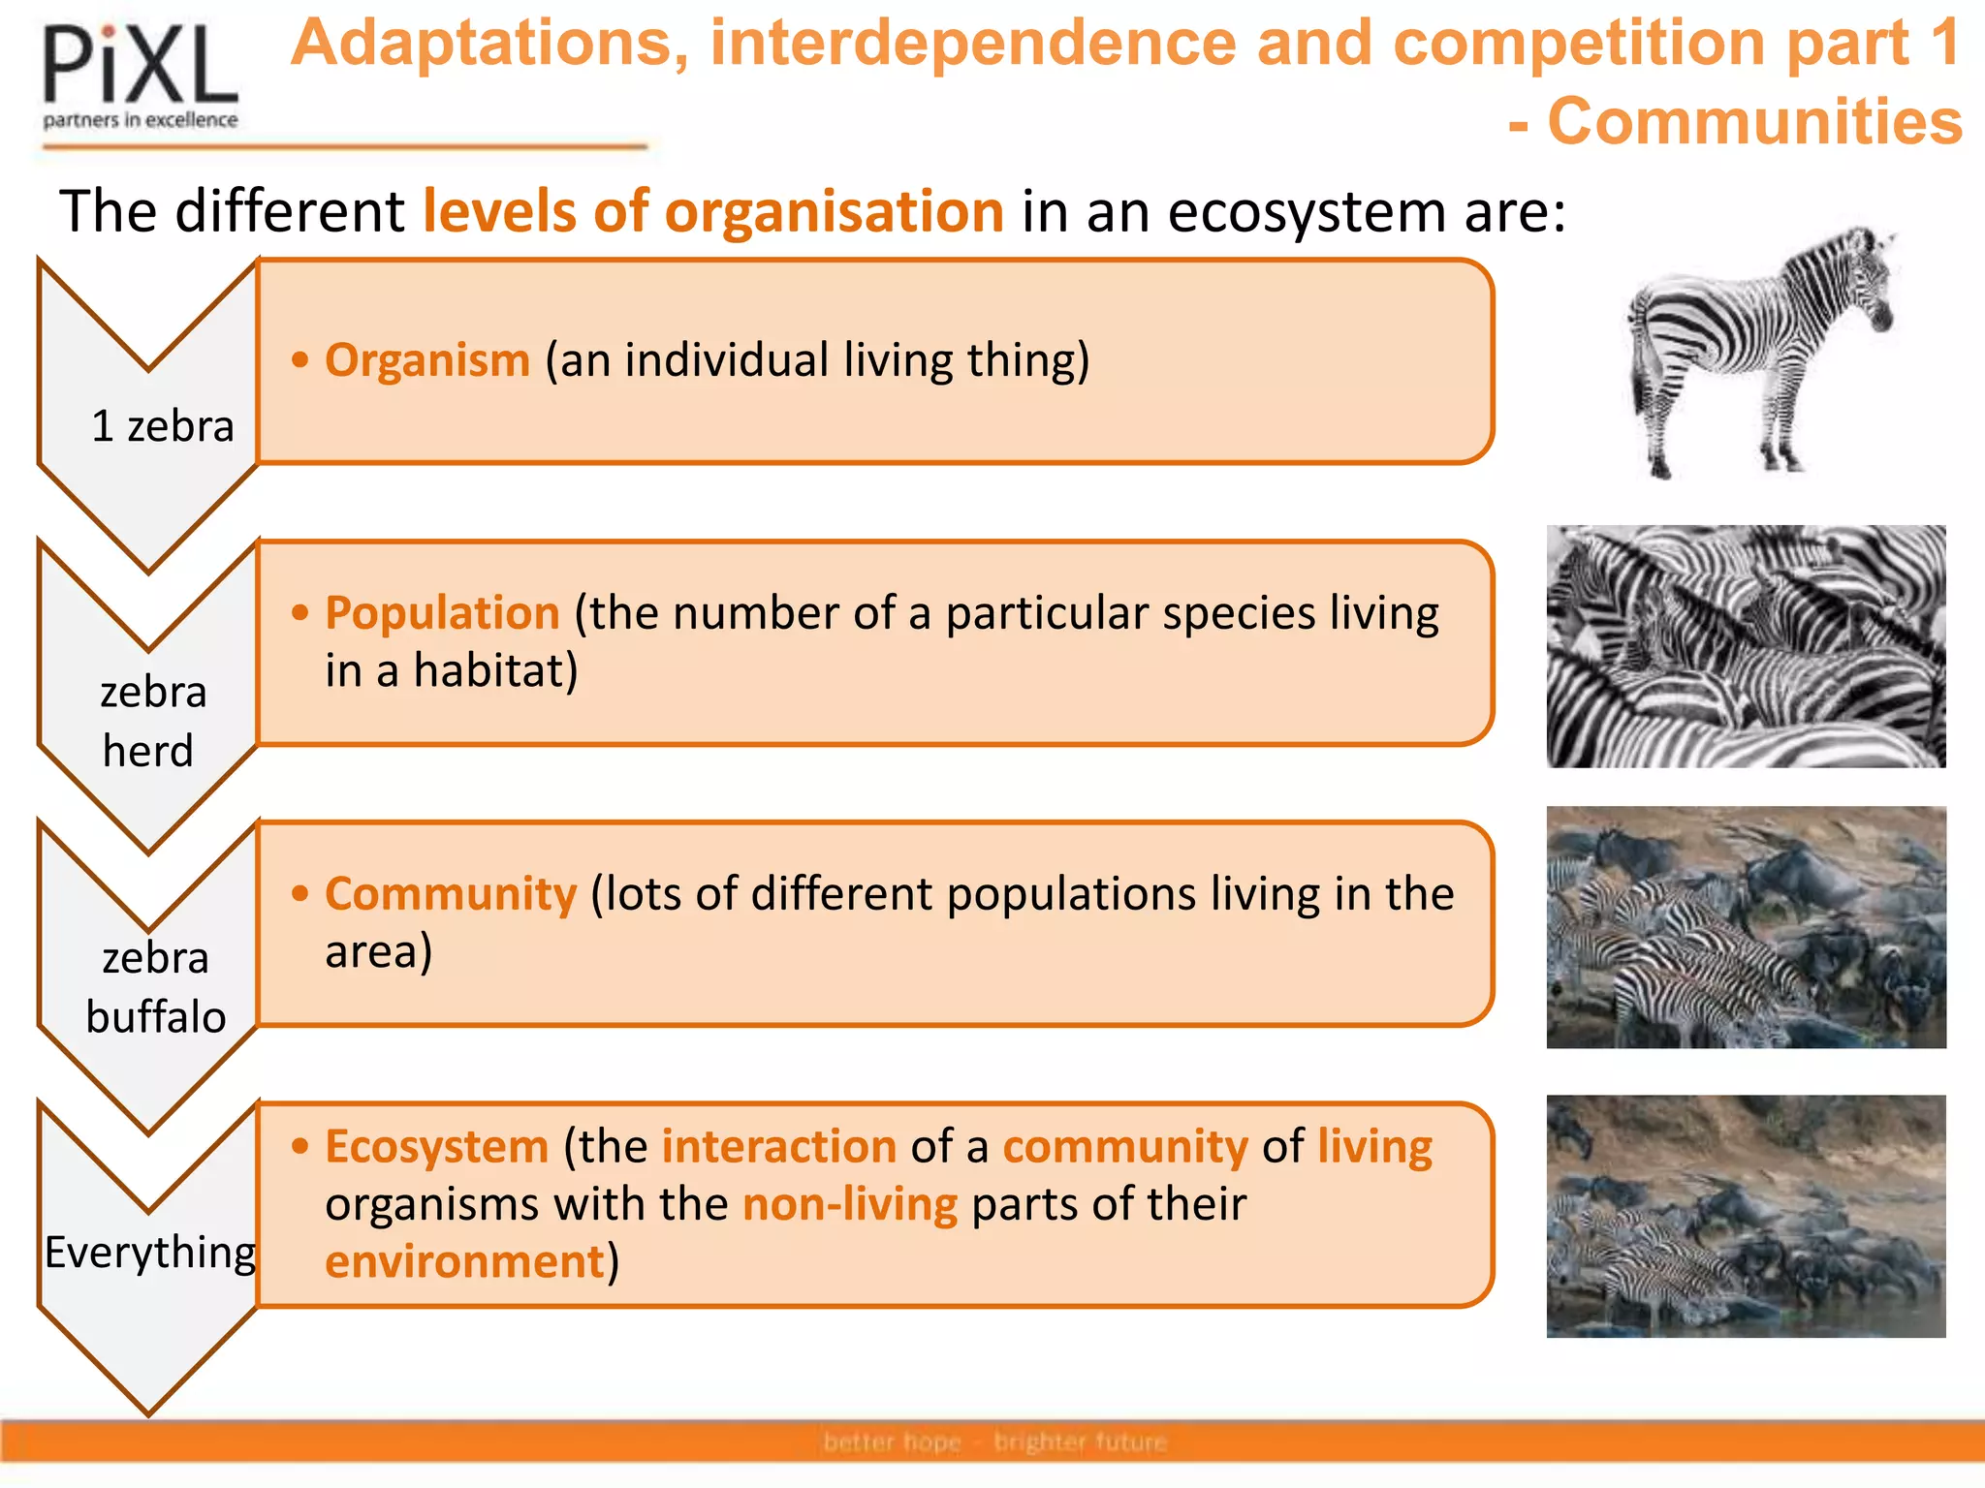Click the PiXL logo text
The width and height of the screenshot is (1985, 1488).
pos(140,66)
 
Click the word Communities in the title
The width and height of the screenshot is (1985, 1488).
pos(1754,122)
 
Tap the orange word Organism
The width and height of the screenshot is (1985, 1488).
pos(427,360)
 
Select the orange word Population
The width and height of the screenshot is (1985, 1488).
pos(442,613)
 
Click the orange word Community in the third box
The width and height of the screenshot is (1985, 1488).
pos(451,893)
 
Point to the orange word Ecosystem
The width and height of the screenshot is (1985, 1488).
pos(436,1146)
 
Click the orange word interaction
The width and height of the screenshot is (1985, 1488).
pos(778,1146)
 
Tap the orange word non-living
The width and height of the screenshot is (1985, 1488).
pos(849,1204)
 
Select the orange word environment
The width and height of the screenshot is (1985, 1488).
pos(464,1261)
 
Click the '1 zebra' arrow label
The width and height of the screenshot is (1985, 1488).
pos(163,426)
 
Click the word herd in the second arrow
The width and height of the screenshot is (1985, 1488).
pos(148,751)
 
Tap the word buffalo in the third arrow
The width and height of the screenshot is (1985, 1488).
pos(155,1017)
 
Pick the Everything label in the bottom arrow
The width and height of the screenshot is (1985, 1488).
pos(150,1252)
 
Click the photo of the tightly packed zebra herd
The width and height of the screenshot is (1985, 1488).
pos(1746,646)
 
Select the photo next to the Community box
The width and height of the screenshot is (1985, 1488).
pos(1746,927)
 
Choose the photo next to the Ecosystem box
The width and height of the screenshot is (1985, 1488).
pos(1746,1216)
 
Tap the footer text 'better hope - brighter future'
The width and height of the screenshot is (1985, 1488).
pos(994,1441)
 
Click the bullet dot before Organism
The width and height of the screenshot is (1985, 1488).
pos(300,360)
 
